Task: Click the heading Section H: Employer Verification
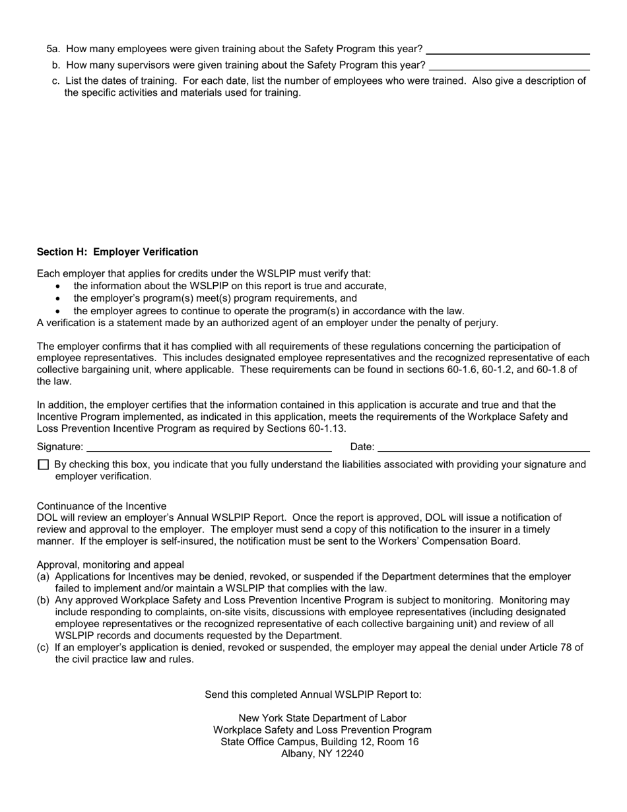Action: coord(117,252)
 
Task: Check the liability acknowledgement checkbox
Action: coord(44,465)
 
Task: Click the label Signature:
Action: coord(60,447)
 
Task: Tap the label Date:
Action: coord(362,447)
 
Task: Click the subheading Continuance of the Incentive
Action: coord(102,506)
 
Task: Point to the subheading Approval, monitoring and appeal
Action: coord(110,565)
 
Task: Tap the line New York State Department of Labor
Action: coord(322,718)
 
